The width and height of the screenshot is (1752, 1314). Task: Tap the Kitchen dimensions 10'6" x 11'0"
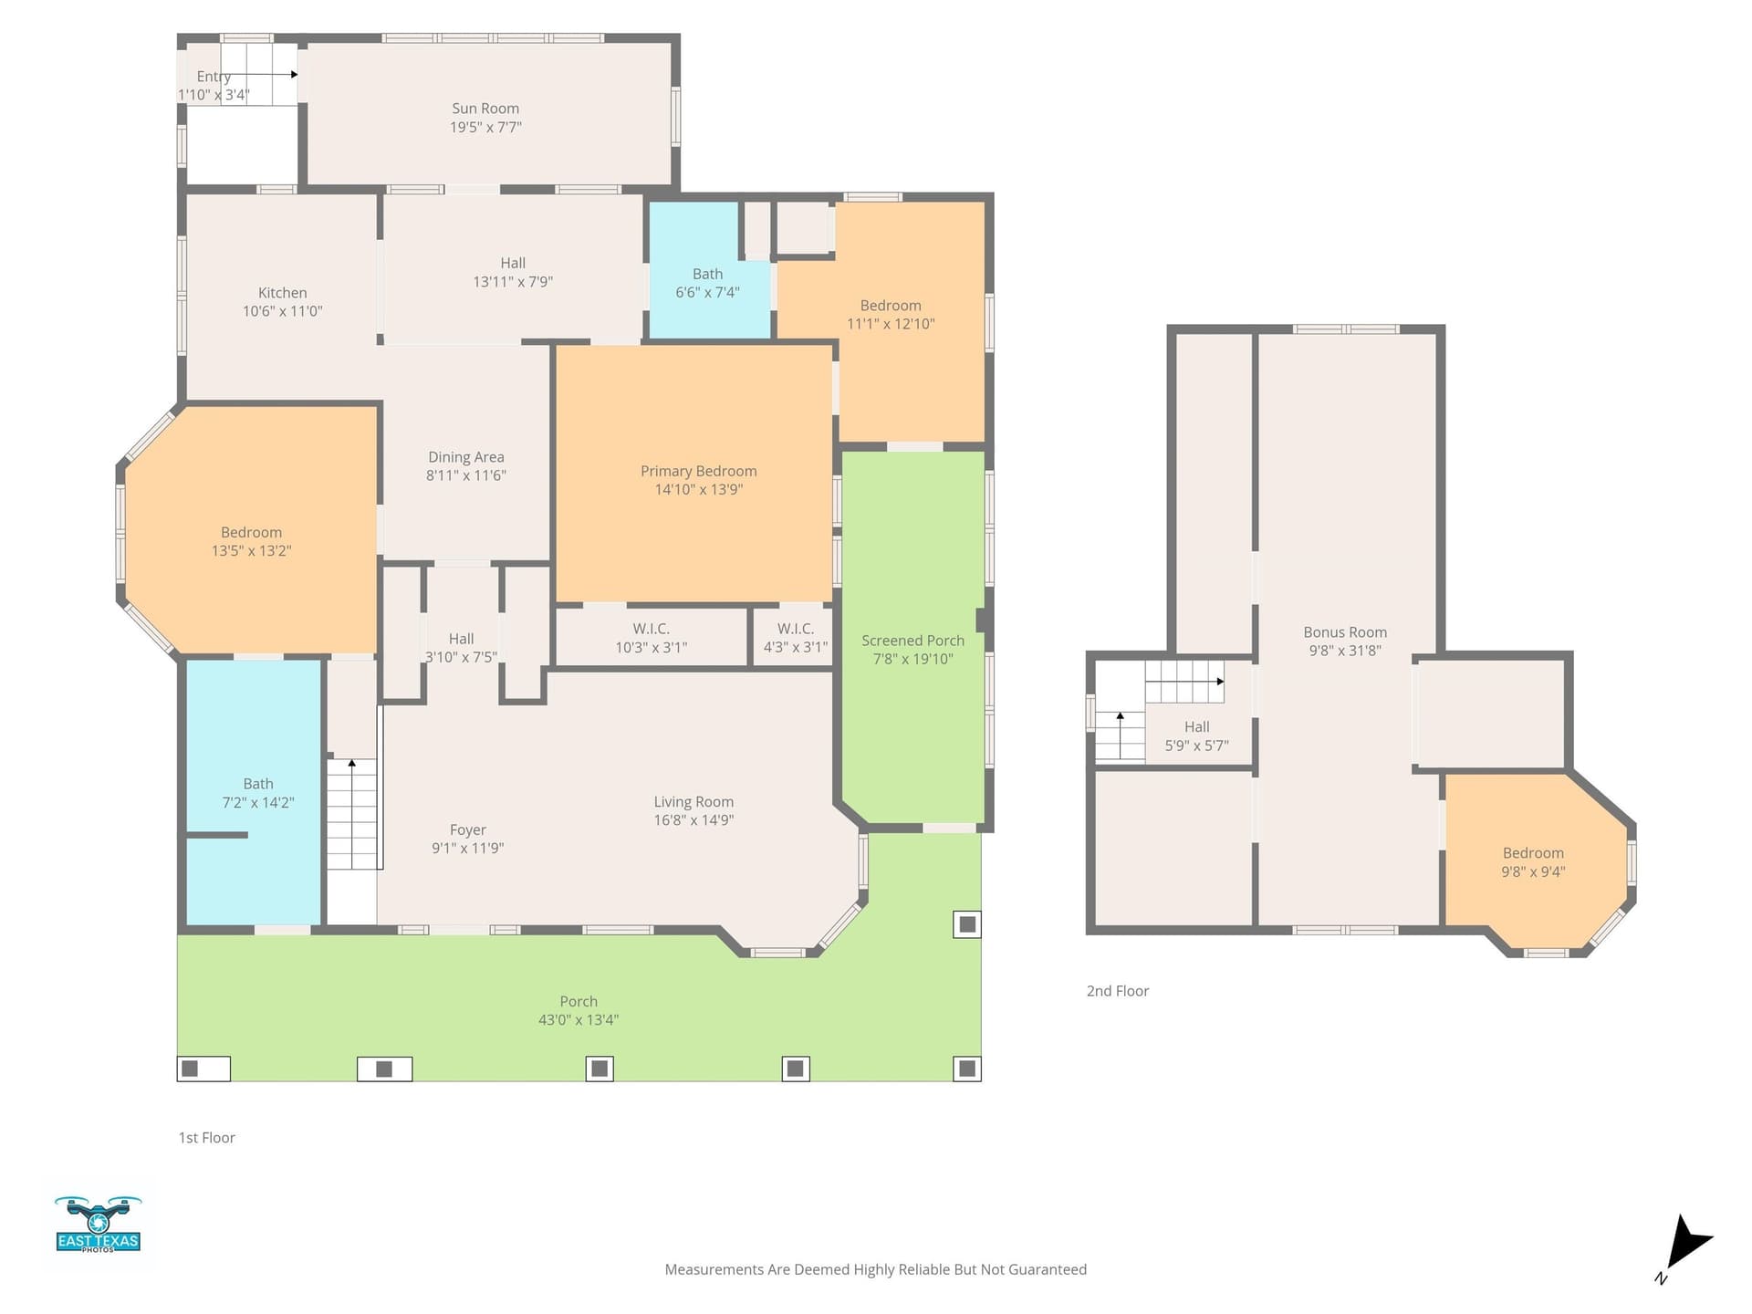(283, 311)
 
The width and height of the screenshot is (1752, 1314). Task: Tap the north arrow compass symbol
(1686, 1246)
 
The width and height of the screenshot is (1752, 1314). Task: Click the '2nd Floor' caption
(1118, 991)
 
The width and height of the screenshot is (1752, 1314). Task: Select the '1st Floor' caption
(207, 1138)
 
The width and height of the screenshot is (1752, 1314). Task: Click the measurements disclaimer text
(876, 1269)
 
